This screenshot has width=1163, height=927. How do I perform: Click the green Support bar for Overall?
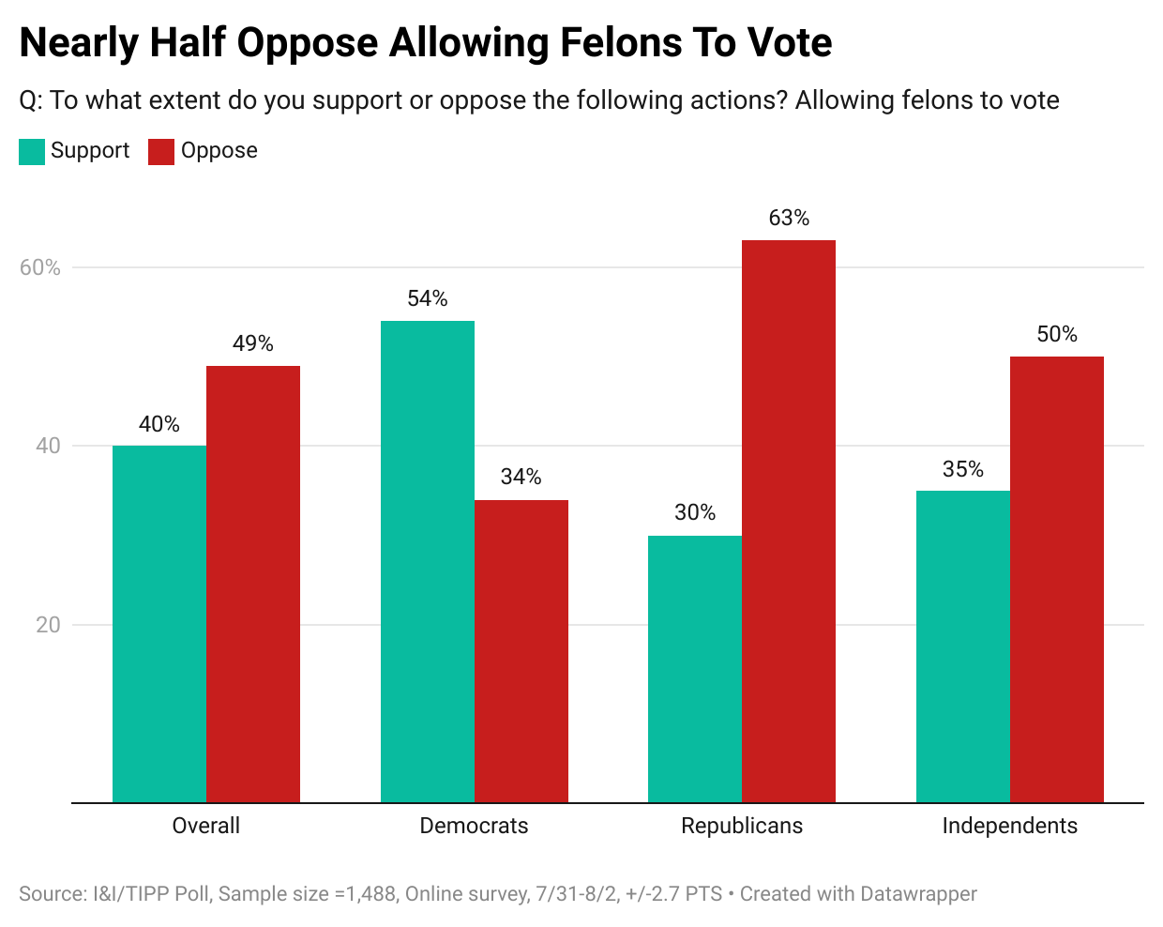pos(159,624)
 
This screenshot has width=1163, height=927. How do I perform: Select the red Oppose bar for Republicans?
pos(789,522)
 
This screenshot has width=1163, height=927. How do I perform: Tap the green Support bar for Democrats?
pos(428,561)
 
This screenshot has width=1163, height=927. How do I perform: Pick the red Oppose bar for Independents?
pos(1057,580)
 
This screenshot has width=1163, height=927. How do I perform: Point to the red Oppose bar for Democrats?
pos(521,651)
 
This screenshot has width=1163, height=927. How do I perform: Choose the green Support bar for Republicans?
pos(695,669)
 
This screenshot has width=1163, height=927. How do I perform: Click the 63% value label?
pos(789,218)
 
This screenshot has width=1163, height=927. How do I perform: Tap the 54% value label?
pos(428,298)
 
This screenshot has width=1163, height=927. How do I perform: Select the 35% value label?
pos(963,469)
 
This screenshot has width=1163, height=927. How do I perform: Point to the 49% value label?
pos(253,343)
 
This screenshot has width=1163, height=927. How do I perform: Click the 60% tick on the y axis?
pos(40,267)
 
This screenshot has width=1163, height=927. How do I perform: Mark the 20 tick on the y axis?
pos(48,625)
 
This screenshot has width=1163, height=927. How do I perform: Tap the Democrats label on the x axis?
pos(474,826)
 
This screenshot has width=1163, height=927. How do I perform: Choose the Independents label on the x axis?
pos(1010,826)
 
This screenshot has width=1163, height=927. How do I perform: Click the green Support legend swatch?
pos(32,152)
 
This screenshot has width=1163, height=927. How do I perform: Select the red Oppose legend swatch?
pos(161,152)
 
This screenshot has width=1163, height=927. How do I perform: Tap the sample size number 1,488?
pos(371,894)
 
